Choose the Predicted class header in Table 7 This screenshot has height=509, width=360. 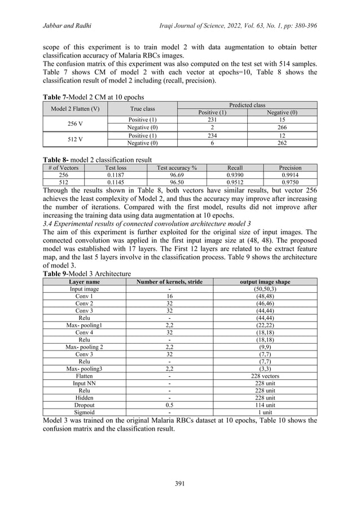click(x=246, y=105)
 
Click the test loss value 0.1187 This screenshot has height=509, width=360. click(x=112, y=175)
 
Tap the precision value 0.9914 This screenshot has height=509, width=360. click(x=291, y=175)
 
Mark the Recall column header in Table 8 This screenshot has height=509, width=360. click(x=235, y=168)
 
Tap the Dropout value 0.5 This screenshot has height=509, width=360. click(x=170, y=404)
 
